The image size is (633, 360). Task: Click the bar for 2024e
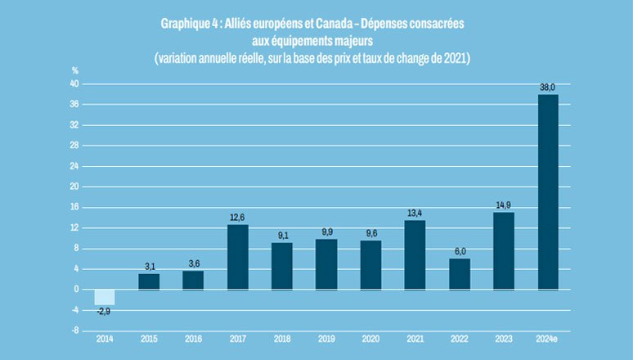548,191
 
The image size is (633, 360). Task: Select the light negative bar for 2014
105,297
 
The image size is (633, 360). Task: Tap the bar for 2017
237,257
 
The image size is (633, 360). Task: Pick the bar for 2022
460,273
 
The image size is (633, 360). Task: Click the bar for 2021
415,254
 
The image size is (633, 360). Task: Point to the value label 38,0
548,88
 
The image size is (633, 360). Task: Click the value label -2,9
104,312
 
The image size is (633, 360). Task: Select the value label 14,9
504,205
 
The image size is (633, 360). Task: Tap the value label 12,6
237,217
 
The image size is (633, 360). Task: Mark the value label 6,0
460,251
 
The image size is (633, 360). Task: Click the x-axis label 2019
326,339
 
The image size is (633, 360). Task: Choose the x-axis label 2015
149,339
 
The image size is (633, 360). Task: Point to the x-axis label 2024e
548,339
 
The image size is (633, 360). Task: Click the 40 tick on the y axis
74,84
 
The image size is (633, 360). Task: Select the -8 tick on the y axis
74,331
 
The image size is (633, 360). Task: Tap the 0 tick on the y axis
76,289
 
